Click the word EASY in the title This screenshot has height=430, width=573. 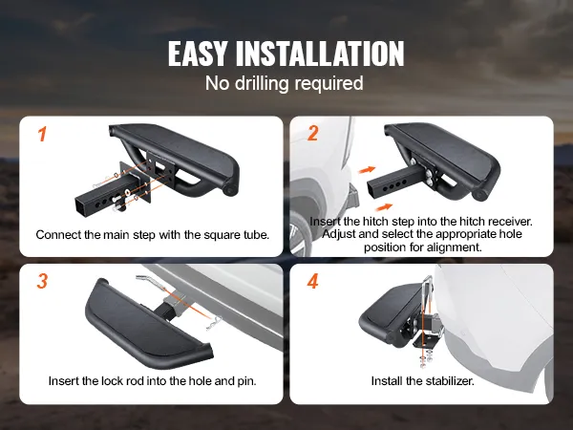tap(197, 54)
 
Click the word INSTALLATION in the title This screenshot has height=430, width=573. tap(320, 54)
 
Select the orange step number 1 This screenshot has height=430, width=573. tap(42, 134)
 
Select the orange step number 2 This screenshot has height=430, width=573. tap(312, 133)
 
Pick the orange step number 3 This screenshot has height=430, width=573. tap(42, 281)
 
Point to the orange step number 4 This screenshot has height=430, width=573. tap(313, 281)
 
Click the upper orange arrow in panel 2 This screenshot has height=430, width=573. tap(367, 170)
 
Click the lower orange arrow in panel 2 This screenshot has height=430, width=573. tap(384, 207)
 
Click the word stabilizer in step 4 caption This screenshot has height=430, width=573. tap(448, 381)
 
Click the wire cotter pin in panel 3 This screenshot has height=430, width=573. tap(214, 324)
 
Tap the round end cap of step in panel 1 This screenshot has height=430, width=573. tap(230, 191)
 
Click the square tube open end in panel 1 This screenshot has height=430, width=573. tap(83, 206)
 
